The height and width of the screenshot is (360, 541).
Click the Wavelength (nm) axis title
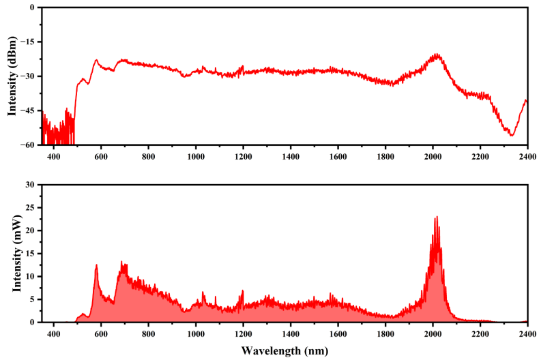(284, 352)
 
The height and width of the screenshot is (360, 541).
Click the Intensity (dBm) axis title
(12, 76)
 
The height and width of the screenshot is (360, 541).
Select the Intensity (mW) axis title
(12, 253)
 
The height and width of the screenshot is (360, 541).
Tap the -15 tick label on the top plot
(29, 42)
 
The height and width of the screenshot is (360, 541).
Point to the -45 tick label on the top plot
(29, 110)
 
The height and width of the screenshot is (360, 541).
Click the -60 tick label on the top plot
(29, 145)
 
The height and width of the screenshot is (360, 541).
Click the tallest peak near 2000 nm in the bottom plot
(436, 217)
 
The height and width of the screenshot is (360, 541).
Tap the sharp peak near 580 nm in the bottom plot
(96, 265)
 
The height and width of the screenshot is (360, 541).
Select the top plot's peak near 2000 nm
(436, 55)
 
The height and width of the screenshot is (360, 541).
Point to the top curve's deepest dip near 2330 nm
(511, 135)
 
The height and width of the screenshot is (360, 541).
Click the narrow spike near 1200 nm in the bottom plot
(242, 291)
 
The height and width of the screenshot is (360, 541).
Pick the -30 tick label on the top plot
(29, 76)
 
